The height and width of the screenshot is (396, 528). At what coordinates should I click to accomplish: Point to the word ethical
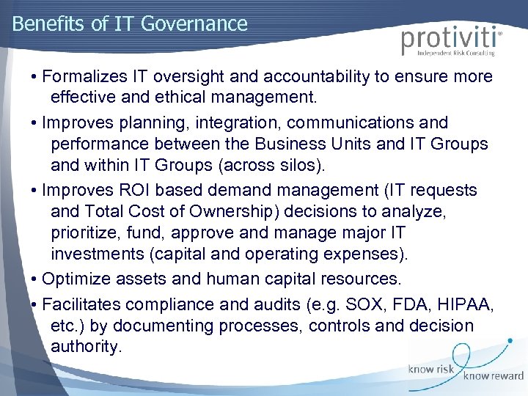click(185, 97)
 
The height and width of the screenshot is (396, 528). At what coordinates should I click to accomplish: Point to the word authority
click(85, 346)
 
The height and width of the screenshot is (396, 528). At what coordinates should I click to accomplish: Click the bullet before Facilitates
click(34, 304)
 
